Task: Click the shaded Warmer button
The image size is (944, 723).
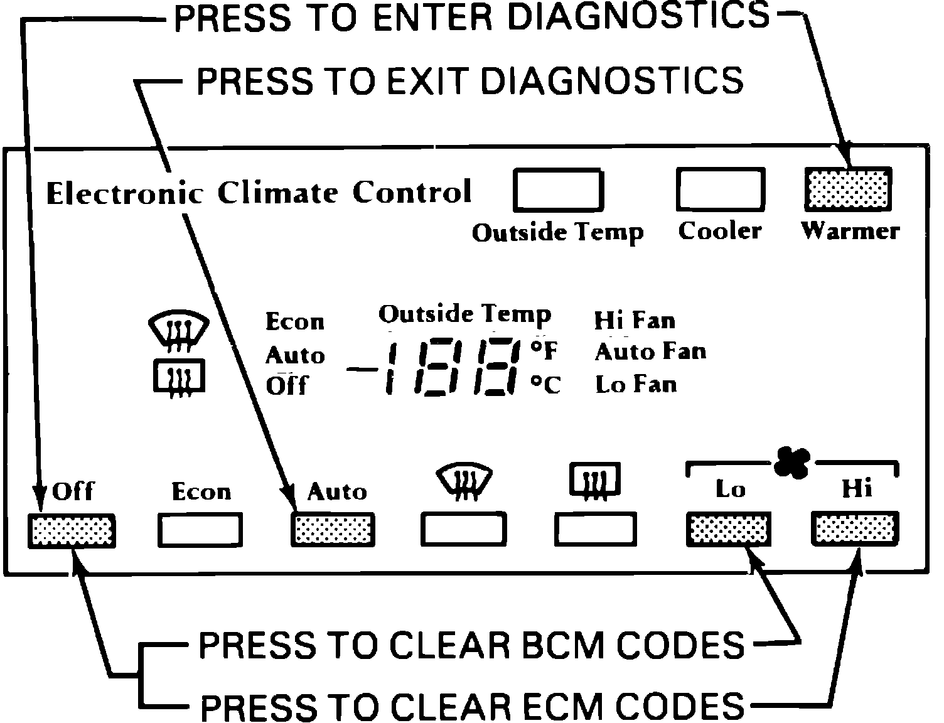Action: (848, 189)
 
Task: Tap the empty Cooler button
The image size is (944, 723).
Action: (720, 189)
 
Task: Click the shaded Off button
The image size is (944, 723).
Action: (72, 531)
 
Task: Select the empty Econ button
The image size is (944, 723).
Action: (200, 531)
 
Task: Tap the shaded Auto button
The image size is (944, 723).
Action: (333, 531)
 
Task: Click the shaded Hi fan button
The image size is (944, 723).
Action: (855, 528)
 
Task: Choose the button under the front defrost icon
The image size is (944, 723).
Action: (464, 530)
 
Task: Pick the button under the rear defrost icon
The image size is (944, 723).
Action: (596, 530)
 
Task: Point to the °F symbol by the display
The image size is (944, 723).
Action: (545, 351)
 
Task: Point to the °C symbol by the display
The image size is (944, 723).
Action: (545, 384)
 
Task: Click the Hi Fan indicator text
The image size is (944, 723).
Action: (635, 321)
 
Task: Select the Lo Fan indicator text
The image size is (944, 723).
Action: (636, 384)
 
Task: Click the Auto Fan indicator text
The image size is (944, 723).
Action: (650, 351)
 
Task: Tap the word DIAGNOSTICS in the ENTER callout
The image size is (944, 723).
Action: (638, 17)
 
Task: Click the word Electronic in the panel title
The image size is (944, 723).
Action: (125, 193)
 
